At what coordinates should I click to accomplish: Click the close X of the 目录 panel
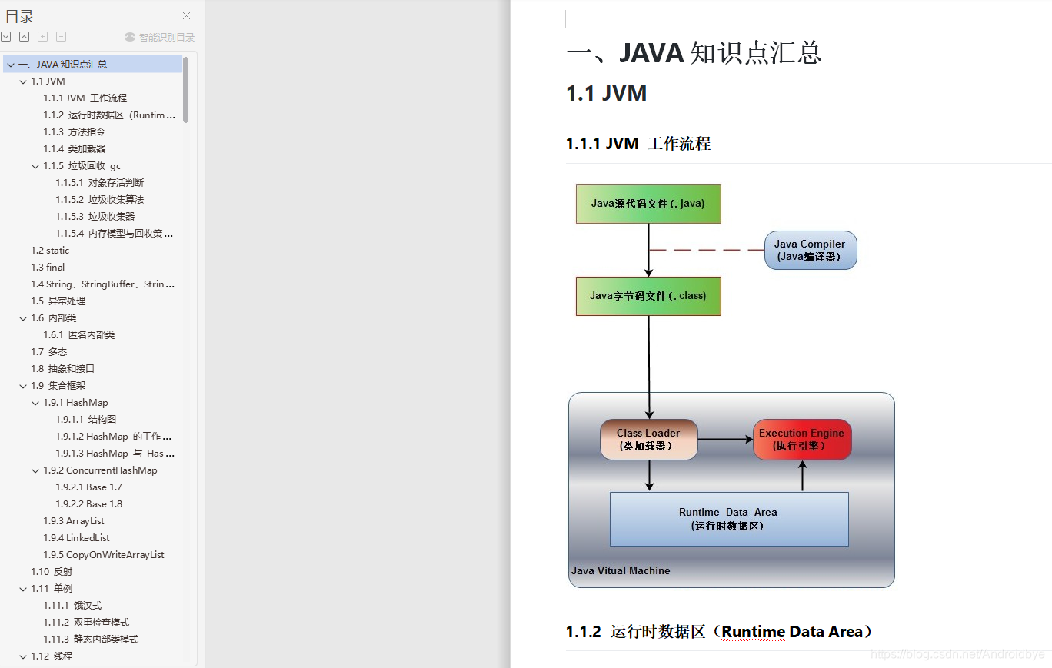186,16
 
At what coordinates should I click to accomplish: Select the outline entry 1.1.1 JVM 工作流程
85,98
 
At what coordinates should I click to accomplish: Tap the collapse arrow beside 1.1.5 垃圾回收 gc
35,166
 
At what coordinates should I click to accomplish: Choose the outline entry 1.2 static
50,251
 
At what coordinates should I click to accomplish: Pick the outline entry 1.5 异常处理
58,301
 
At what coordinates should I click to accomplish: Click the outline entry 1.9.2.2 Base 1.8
88,504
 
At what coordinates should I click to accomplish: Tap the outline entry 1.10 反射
52,572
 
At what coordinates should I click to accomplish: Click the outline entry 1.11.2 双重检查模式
86,623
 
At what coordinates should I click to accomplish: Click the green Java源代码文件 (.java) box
648,204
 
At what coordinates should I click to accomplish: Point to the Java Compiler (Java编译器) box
810,250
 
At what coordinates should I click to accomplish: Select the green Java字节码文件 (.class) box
648,296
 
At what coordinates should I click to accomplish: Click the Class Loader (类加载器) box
648,440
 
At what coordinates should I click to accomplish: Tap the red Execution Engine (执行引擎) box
801,440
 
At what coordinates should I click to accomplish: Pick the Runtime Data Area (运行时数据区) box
728,519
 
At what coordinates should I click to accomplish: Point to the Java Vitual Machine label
621,571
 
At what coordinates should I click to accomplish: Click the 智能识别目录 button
160,37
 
